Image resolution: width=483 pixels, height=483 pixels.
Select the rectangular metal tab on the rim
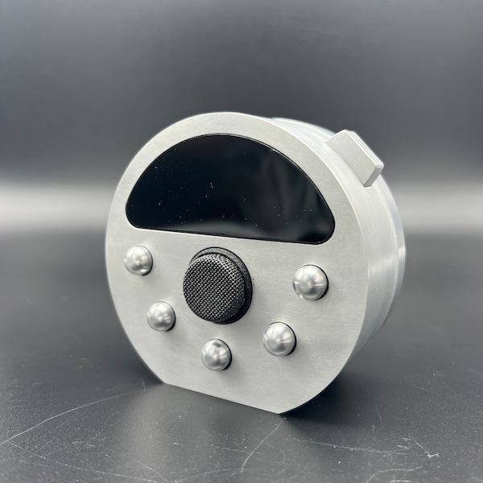(x=357, y=156)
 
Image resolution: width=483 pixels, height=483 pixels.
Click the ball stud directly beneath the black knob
(x=216, y=354)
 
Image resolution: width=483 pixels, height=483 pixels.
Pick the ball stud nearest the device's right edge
(x=310, y=282)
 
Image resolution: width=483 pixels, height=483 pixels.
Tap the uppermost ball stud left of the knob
(x=138, y=260)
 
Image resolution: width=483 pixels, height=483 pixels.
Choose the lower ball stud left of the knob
(x=161, y=316)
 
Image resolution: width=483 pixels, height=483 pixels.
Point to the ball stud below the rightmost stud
(x=279, y=338)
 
